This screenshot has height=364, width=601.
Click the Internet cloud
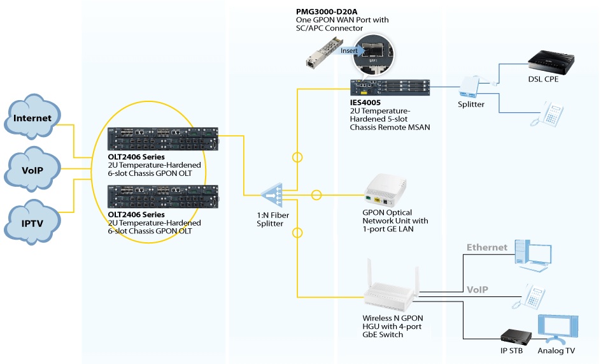pyautogui.click(x=32, y=118)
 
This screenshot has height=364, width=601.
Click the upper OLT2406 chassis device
pyautogui.click(x=163, y=138)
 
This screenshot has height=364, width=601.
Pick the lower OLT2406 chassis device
pyautogui.click(x=163, y=196)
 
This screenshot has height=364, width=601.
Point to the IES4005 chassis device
pyautogui.click(x=390, y=87)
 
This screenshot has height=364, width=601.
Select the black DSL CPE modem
pyautogui.click(x=551, y=62)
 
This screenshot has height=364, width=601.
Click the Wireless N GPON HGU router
pyautogui.click(x=390, y=292)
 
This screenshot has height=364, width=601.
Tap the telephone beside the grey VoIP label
pyautogui.click(x=534, y=295)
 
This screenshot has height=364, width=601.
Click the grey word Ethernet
pyautogui.click(x=487, y=247)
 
